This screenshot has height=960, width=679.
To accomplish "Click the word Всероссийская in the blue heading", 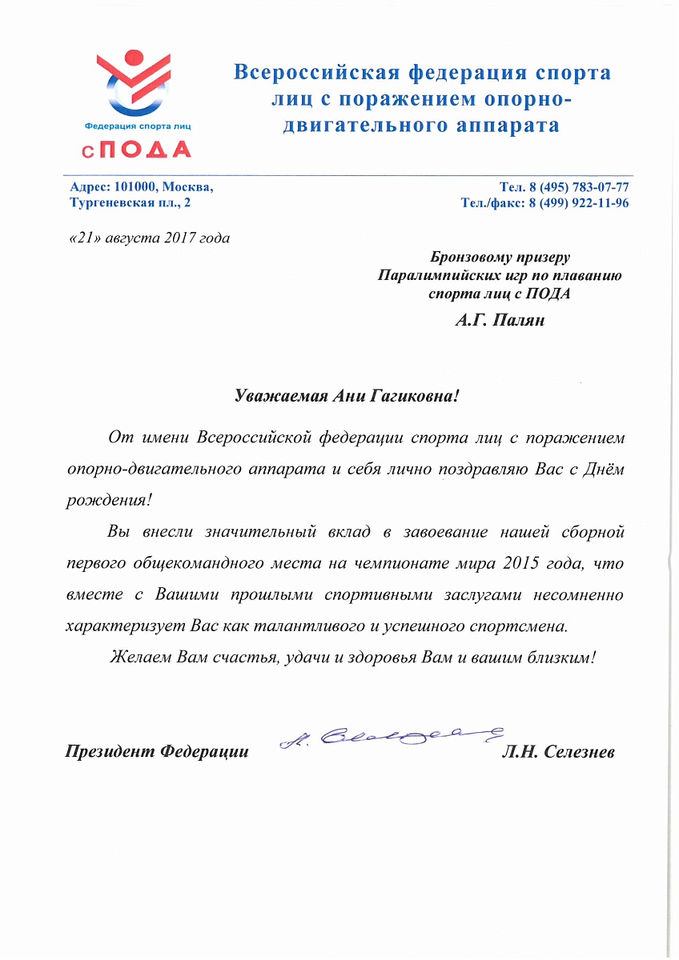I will pyautogui.click(x=315, y=74).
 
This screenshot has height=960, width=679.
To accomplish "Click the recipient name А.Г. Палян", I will pyautogui.click(x=500, y=322).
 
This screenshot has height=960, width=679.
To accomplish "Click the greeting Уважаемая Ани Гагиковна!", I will pyautogui.click(x=348, y=395).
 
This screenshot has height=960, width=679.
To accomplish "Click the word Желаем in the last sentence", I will pyautogui.click(x=139, y=657).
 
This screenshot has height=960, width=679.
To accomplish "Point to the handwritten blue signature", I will pyautogui.click(x=392, y=734).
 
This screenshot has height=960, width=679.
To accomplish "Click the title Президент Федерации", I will pyautogui.click(x=157, y=753).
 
